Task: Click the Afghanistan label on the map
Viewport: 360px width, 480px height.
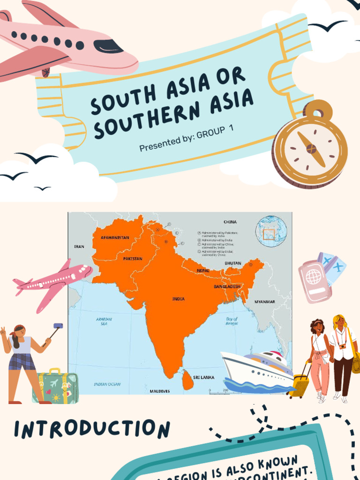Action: [115, 238]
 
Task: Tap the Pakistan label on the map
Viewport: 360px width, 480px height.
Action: [133, 258]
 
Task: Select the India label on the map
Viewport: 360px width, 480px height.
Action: [178, 299]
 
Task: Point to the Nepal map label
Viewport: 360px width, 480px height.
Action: [203, 270]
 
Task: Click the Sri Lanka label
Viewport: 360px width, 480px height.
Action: [203, 377]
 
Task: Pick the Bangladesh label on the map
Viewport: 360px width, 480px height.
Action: [227, 286]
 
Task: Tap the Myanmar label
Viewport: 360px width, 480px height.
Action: [265, 302]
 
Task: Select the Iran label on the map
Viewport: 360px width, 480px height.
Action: [79, 246]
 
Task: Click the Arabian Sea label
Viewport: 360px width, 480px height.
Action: [104, 321]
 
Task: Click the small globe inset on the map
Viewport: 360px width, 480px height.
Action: [271, 231]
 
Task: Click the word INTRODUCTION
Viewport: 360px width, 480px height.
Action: [92, 429]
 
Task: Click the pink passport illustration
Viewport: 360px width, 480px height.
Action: [314, 282]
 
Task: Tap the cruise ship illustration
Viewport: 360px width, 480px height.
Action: [257, 370]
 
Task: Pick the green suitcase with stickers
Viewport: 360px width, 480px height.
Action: [55, 387]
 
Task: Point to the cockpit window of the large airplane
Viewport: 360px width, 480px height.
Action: [108, 45]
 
